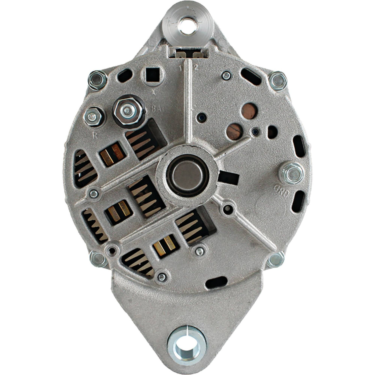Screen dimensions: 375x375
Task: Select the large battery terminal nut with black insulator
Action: tap(128, 111)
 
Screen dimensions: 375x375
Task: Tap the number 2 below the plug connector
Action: tap(196, 67)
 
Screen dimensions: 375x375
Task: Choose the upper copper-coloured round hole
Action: tap(249, 111)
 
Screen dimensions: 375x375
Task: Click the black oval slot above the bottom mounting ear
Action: tap(217, 282)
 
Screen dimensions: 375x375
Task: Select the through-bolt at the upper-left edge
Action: tap(98, 80)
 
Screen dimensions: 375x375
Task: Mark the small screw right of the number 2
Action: tap(226, 76)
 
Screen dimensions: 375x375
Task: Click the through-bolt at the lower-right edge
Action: tap(275, 259)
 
